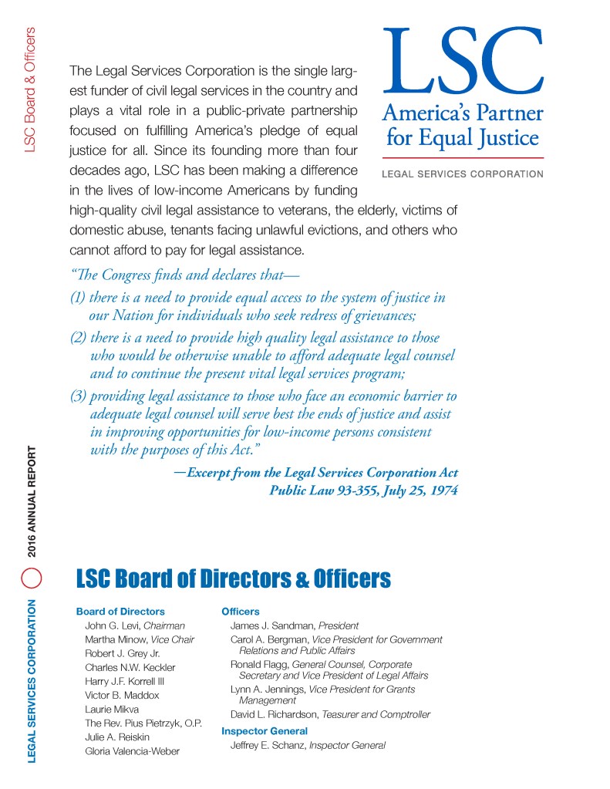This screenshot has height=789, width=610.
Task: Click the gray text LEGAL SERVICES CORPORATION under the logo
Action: click(463, 174)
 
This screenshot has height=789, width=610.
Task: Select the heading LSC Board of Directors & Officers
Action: click(233, 578)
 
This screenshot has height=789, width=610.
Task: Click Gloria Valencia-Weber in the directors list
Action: click(132, 750)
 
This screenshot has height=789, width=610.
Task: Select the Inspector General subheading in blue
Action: click(265, 730)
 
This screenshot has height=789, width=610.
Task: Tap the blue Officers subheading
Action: click(241, 612)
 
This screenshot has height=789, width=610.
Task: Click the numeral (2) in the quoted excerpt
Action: click(78, 338)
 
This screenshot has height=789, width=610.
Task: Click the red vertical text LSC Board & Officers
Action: click(31, 89)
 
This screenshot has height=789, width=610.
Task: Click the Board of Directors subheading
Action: click(120, 612)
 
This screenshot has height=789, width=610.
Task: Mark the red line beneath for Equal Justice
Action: click(463, 157)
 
